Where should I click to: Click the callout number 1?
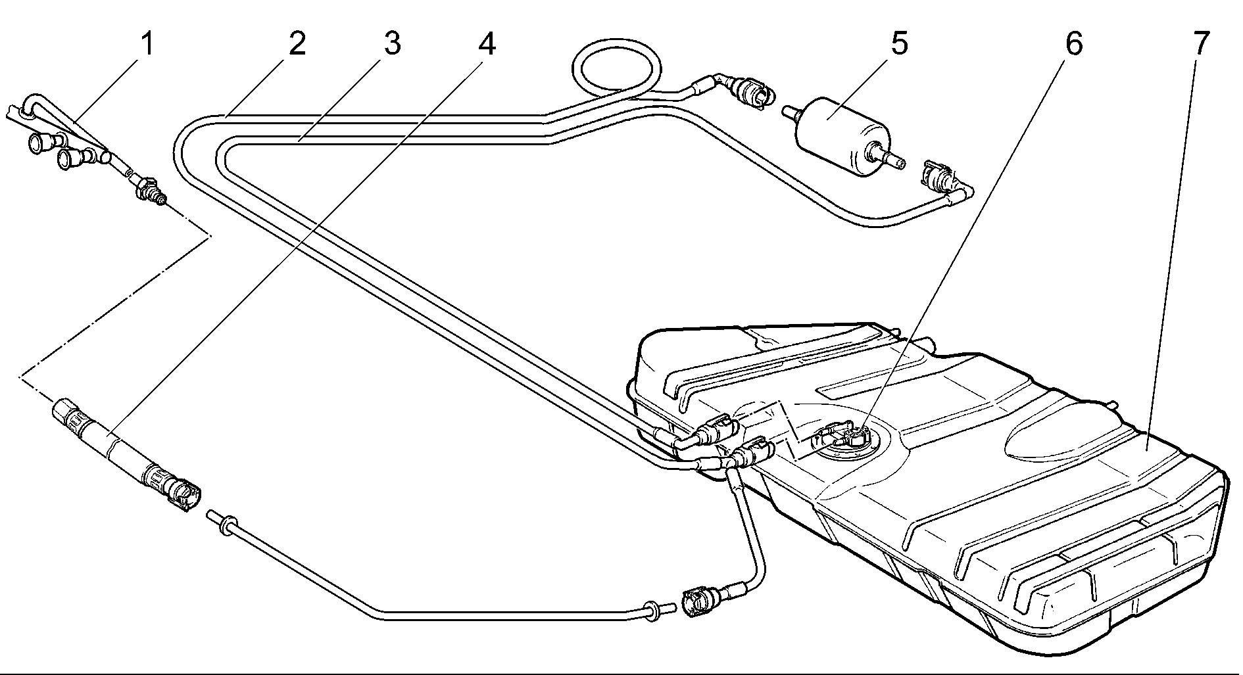coord(147,45)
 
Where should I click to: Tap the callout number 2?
coord(296,45)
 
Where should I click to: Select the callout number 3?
coord(391,45)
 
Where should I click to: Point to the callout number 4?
coord(485,45)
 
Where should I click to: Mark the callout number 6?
coord(1072,45)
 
